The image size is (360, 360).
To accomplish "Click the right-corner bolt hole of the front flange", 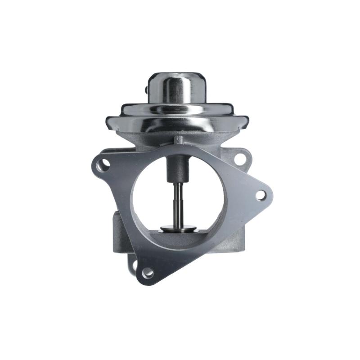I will tap(260, 195).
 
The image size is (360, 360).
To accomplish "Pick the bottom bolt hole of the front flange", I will tap(147, 272).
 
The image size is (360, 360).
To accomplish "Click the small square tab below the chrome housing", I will tap(179, 139).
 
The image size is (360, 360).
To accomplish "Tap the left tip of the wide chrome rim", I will tap(108, 121).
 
